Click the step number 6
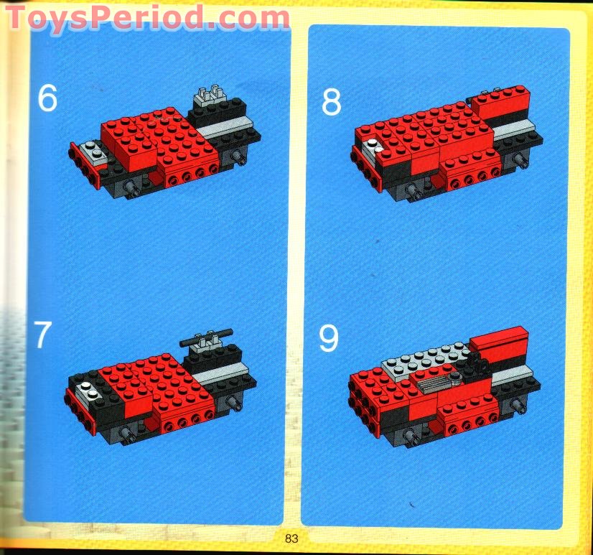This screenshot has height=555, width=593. [x=47, y=98]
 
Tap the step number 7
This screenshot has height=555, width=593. [x=43, y=335]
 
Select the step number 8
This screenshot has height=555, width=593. [x=331, y=103]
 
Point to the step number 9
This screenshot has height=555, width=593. [x=329, y=338]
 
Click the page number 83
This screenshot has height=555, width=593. [x=291, y=538]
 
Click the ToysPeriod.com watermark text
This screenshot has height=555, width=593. [x=147, y=17]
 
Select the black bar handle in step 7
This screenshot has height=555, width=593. [x=207, y=334]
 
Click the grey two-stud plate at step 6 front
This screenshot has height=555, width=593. [x=90, y=150]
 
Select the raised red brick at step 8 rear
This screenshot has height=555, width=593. [x=501, y=101]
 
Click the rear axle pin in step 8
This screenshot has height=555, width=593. [x=517, y=164]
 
